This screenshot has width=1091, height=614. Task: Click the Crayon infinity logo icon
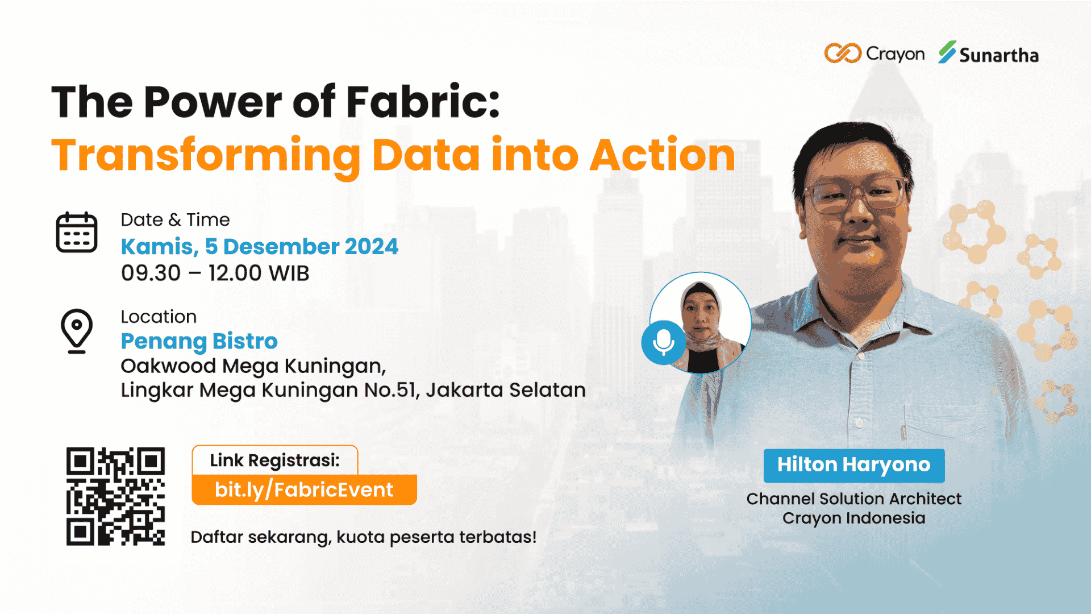[843, 53]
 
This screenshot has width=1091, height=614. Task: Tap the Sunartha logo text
[999, 55]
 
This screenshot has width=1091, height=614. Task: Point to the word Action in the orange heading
[663, 155]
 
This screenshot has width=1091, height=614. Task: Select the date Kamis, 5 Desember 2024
[260, 247]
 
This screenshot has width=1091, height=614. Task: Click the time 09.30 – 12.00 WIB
[215, 273]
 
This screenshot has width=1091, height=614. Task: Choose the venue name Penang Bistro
[199, 341]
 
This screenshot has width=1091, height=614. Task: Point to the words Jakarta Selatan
[506, 390]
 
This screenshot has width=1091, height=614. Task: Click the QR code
[115, 496]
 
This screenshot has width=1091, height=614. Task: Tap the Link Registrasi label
[275, 460]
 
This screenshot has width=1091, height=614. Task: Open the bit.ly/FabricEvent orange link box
[304, 489]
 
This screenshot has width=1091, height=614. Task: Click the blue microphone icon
[663, 342]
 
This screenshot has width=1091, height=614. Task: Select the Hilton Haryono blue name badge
[854, 466]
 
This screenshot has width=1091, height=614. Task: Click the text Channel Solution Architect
[854, 499]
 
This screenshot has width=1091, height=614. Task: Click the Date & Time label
[175, 220]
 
